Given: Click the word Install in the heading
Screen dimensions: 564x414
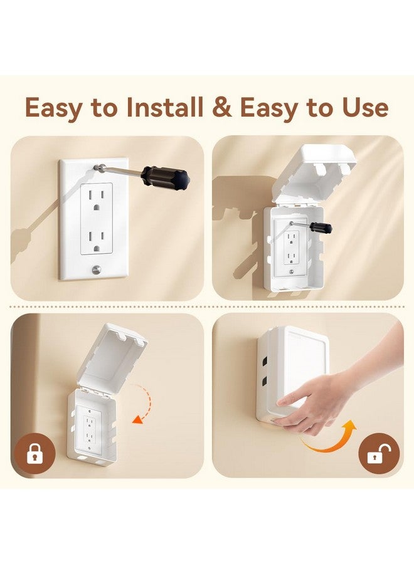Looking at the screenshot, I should (x=164, y=108).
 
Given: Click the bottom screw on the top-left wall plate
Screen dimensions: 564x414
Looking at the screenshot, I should (x=95, y=270).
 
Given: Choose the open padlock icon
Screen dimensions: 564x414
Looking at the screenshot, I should (x=378, y=454).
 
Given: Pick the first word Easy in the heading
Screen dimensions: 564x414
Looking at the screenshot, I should (x=53, y=108).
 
